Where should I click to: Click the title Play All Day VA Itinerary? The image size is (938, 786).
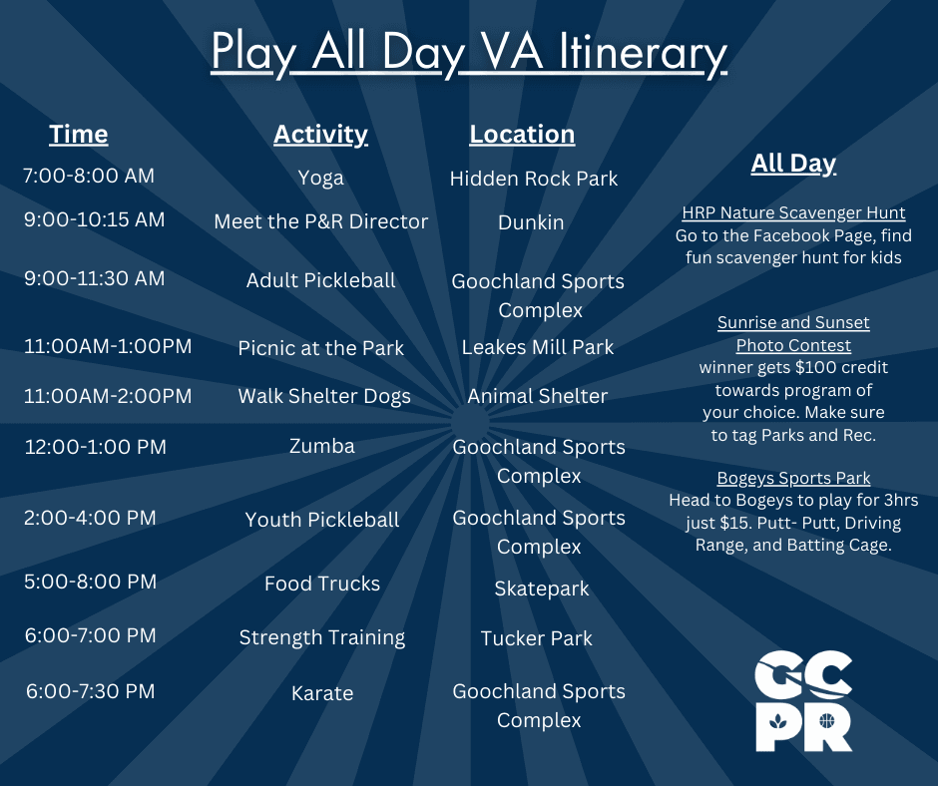pyautogui.click(x=469, y=54)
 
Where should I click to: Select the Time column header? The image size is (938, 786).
pyautogui.click(x=79, y=134)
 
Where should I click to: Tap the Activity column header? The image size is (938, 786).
pyautogui.click(x=320, y=134)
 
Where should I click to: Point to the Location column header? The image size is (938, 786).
pyautogui.click(x=522, y=134)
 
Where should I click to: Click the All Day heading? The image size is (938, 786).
pyautogui.click(x=793, y=163)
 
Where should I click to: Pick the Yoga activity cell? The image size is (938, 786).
pyautogui.click(x=320, y=178)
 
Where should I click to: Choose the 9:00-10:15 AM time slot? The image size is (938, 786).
pyautogui.click(x=95, y=219)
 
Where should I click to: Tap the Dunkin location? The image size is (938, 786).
pyautogui.click(x=531, y=222)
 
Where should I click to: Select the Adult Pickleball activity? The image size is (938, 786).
pyautogui.click(x=320, y=280)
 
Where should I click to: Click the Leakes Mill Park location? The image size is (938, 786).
pyautogui.click(x=538, y=347)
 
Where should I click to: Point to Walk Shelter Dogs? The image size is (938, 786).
pyautogui.click(x=324, y=396)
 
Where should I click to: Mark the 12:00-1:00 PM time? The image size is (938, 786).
pyautogui.click(x=96, y=447)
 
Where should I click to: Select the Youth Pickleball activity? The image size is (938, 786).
pyautogui.click(x=322, y=520)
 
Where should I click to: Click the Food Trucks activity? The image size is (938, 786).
pyautogui.click(x=322, y=584)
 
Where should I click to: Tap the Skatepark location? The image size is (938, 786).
pyautogui.click(x=542, y=589)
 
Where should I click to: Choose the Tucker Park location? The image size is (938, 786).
pyautogui.click(x=537, y=638)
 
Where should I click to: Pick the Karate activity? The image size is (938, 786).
pyautogui.click(x=322, y=693)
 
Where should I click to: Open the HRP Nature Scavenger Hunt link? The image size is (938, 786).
pyautogui.click(x=793, y=212)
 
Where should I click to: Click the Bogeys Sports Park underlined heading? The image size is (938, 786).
pyautogui.click(x=793, y=478)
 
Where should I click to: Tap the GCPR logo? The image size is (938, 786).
pyautogui.click(x=803, y=700)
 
